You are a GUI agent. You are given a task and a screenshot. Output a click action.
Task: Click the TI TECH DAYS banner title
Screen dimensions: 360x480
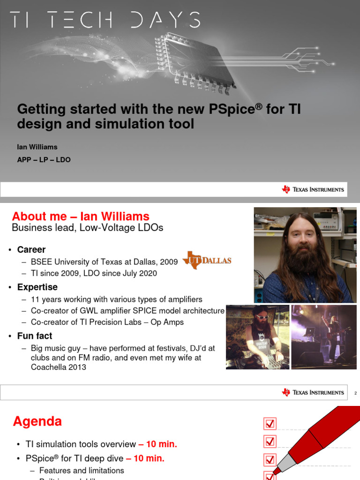tap(105, 20)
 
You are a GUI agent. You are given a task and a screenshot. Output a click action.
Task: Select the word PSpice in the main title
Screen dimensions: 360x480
tap(232, 109)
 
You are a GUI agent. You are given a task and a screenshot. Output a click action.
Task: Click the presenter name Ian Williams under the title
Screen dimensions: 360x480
tap(37, 147)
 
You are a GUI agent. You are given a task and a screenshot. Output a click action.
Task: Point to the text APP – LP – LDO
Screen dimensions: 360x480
tap(44, 160)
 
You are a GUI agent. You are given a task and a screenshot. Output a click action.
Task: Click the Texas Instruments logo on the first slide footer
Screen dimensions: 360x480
tap(313, 189)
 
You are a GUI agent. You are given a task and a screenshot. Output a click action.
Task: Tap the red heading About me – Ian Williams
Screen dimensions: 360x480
tap(81, 217)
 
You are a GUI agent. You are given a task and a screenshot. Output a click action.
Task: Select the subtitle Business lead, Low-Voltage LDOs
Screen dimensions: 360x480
tap(88, 228)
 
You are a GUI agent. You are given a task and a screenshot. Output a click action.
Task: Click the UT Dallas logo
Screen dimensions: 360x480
tap(207, 260)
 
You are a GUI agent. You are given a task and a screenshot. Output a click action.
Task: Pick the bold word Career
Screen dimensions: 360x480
tap(31, 249)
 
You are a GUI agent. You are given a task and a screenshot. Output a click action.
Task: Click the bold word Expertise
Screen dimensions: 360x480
tap(37, 287)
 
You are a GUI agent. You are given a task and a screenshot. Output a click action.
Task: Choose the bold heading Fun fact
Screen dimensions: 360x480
tap(35, 336)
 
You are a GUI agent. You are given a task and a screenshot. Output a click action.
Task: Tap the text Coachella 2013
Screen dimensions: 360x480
tap(59, 367)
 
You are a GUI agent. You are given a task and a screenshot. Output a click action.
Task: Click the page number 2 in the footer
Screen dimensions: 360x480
tap(355, 393)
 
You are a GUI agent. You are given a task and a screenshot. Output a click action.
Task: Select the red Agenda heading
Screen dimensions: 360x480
tap(37, 422)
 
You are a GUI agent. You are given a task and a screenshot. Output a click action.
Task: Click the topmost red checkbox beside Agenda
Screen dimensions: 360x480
tap(270, 424)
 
